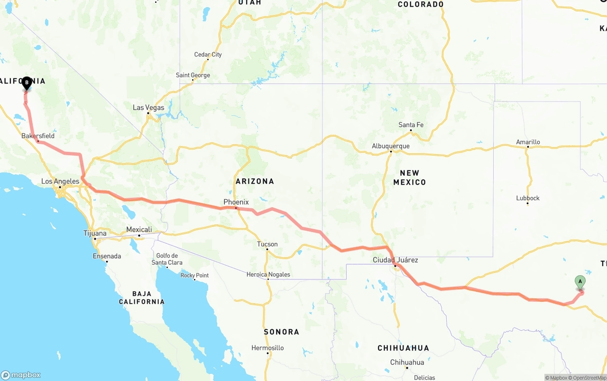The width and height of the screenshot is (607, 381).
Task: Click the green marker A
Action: [x=580, y=282]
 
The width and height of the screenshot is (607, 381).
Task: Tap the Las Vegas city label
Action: [x=148, y=108]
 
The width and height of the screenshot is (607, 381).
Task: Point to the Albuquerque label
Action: [x=390, y=146]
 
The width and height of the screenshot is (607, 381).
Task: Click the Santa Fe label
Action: [x=411, y=125]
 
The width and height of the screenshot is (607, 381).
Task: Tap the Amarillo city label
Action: [x=528, y=142]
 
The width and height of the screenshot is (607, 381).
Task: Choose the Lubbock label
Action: [x=528, y=198]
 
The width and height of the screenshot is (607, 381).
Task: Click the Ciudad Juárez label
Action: [x=395, y=260]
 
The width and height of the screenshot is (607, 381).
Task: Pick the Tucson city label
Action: [x=267, y=244]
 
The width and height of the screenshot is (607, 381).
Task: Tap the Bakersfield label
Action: [x=38, y=136]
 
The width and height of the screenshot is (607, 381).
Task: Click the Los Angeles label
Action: [x=60, y=181]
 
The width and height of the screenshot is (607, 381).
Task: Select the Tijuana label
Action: [x=95, y=233]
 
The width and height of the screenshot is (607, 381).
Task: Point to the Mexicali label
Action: [x=139, y=230]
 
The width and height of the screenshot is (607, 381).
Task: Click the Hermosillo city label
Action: [x=268, y=348]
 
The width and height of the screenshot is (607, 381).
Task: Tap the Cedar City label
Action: [x=208, y=55]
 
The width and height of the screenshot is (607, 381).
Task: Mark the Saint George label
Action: [x=193, y=75]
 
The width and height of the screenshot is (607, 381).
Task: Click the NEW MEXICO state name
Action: [x=410, y=177]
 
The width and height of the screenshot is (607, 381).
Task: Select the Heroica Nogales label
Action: [x=268, y=274]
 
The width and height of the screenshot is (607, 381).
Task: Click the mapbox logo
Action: [x=21, y=375]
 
